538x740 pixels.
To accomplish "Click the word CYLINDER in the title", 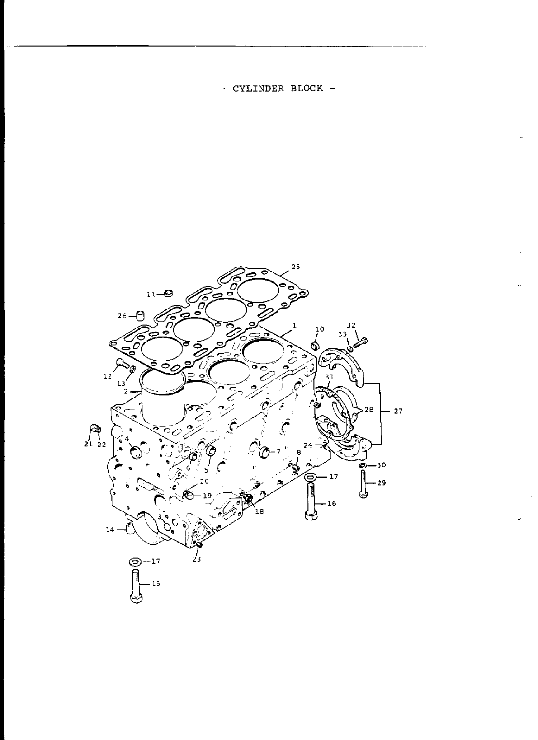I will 259,89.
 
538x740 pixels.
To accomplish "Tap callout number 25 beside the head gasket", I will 295,267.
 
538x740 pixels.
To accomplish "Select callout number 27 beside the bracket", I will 398,411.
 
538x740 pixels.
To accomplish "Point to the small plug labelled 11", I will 169,294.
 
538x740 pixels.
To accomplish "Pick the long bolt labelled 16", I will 311,501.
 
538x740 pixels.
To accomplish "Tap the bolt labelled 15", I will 135,585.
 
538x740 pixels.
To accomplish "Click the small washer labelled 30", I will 363,465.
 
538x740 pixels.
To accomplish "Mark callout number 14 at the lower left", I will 110,529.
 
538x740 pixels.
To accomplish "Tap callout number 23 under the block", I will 196,559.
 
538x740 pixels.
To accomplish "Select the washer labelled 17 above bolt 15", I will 134,562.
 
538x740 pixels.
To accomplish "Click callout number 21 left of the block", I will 88,444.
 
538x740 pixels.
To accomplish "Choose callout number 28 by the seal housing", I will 369,410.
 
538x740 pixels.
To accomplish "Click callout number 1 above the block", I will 294,325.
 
